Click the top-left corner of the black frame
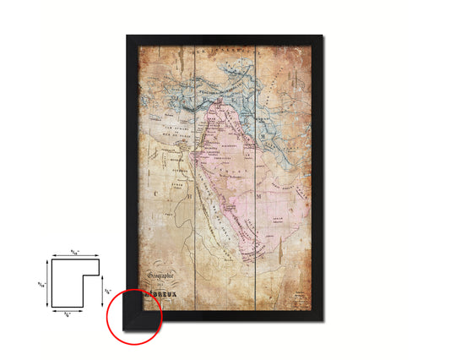(127, 36)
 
